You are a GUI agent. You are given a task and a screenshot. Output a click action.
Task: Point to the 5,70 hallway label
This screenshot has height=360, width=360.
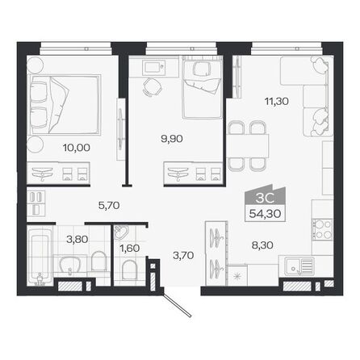(x=98, y=205)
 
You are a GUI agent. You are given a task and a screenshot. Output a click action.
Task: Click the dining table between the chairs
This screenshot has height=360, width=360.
(x=249, y=145)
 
